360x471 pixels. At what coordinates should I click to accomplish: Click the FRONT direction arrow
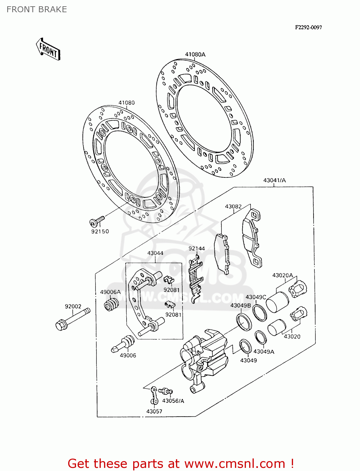[x=48, y=49]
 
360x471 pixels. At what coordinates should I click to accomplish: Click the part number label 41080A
[x=195, y=54]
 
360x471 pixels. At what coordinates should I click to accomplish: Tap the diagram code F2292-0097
[x=308, y=27]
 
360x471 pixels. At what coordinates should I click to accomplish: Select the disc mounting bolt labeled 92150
[x=96, y=221]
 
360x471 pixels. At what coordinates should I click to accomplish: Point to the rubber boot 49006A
[x=112, y=304]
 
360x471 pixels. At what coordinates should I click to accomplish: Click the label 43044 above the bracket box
[x=155, y=253]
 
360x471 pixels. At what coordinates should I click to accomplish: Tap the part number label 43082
[x=233, y=206]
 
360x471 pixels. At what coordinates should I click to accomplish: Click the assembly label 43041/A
[x=274, y=180]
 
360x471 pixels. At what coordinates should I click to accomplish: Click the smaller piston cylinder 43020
[x=276, y=328]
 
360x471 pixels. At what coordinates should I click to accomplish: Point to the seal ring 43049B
[x=244, y=322]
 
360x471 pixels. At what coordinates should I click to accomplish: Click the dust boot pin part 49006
[x=123, y=344]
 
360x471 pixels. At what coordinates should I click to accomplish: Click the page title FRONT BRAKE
[x=37, y=9]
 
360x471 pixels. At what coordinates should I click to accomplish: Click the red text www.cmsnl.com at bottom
[x=234, y=463]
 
